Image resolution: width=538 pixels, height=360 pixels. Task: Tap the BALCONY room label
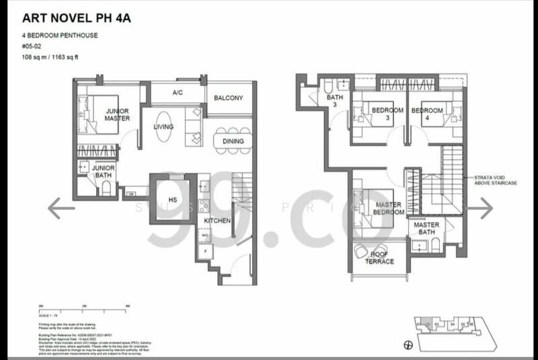228,98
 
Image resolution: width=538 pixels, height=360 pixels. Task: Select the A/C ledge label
178,93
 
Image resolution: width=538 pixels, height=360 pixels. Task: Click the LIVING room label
163,127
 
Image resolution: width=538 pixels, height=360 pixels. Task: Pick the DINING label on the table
233,141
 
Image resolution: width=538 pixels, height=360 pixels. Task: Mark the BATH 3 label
334,102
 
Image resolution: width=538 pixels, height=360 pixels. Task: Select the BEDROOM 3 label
387,114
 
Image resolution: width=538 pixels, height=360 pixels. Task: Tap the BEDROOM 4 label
428,114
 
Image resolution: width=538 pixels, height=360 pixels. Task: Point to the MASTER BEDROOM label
389,209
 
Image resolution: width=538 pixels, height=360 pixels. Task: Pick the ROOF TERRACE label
378,258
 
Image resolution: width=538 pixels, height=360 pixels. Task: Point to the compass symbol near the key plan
407,345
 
